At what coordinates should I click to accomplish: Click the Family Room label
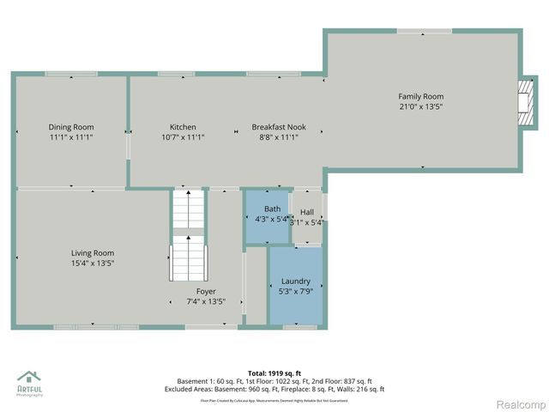[421, 96]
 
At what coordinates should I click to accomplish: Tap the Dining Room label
[70, 127]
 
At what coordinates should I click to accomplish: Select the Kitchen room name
[183, 127]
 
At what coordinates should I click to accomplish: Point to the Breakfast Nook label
[274, 127]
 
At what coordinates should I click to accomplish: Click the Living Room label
[93, 253]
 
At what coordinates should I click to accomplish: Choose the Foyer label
[206, 292]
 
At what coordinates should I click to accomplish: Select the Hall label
[307, 212]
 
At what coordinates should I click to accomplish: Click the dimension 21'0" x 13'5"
[420, 107]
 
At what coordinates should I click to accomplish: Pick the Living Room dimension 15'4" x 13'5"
[93, 264]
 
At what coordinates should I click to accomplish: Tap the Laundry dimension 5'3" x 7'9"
[295, 292]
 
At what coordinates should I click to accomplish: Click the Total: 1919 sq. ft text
[274, 372]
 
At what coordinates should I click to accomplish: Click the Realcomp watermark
[522, 403]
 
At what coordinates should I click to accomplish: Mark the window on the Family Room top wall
[423, 32]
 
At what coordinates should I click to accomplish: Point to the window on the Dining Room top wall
[70, 75]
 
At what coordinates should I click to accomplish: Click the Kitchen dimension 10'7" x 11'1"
[183, 137]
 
